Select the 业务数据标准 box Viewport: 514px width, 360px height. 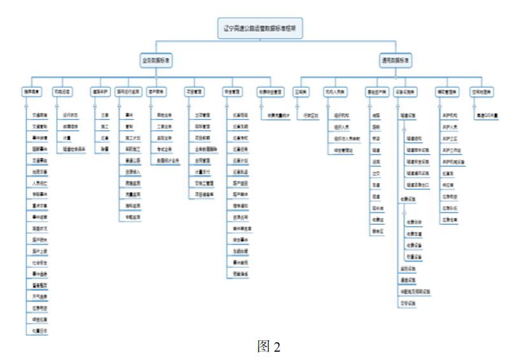coord(157,61)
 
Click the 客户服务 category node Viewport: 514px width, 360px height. coord(157,90)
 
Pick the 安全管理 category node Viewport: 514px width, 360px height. coord(232,90)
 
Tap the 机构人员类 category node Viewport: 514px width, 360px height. coord(334,90)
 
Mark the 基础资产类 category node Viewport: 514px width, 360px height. coord(376,90)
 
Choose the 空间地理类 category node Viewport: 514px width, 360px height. coord(482,90)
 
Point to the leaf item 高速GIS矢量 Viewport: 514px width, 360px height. coord(487,115)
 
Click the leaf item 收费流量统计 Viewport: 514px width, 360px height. coord(278,115)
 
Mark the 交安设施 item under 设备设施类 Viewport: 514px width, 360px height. coord(408,303)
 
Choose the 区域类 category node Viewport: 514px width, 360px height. coord(302,90)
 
